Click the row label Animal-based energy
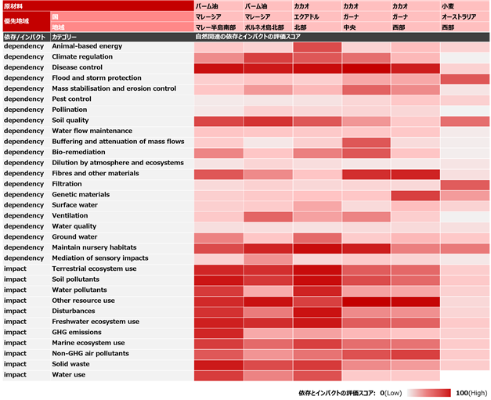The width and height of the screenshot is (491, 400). coord(87,46)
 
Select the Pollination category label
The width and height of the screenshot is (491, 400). coord(70,110)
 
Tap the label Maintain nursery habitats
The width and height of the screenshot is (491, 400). coord(94,247)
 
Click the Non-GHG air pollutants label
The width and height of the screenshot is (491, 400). coord(91,353)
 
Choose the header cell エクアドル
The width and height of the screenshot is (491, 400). coord(306,16)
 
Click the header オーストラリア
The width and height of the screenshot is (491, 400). coord(459,16)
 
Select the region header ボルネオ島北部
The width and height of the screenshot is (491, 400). coord(265,27)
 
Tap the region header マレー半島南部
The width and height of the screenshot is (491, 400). coord(215,27)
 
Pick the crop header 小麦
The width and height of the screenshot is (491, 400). coord(448,6)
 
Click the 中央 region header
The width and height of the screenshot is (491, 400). coord(349,27)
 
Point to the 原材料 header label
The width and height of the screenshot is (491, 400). coord(13,6)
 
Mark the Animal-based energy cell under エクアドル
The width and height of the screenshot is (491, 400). coord(317,47)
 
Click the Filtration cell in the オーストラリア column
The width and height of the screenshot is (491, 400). coord(465,185)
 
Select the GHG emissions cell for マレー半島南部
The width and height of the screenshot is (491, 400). coord(218,333)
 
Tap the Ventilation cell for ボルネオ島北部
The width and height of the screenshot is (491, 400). coord(268,217)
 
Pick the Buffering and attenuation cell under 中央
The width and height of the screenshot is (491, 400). coord(366,142)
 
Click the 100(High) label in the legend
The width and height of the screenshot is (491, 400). coord(471,393)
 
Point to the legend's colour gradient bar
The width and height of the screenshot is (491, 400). coord(428,393)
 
